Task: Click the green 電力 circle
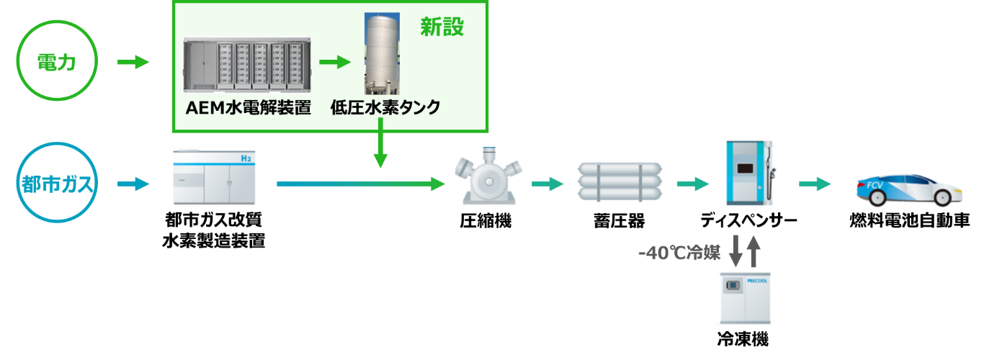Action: tap(56, 63)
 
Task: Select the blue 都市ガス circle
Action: tap(56, 184)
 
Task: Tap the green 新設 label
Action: tap(442, 27)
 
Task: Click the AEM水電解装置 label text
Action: tap(248, 108)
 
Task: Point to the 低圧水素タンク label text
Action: tap(385, 108)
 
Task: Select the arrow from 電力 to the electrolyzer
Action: tap(133, 63)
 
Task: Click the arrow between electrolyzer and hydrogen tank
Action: tap(334, 63)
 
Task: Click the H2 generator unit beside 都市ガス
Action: tap(213, 176)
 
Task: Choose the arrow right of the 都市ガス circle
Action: tap(133, 184)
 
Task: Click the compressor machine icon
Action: tap(488, 176)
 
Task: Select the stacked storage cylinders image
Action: tap(620, 183)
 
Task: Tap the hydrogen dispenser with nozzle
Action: tap(750, 173)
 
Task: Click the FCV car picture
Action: tap(906, 189)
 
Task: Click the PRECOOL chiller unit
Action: tap(743, 297)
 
